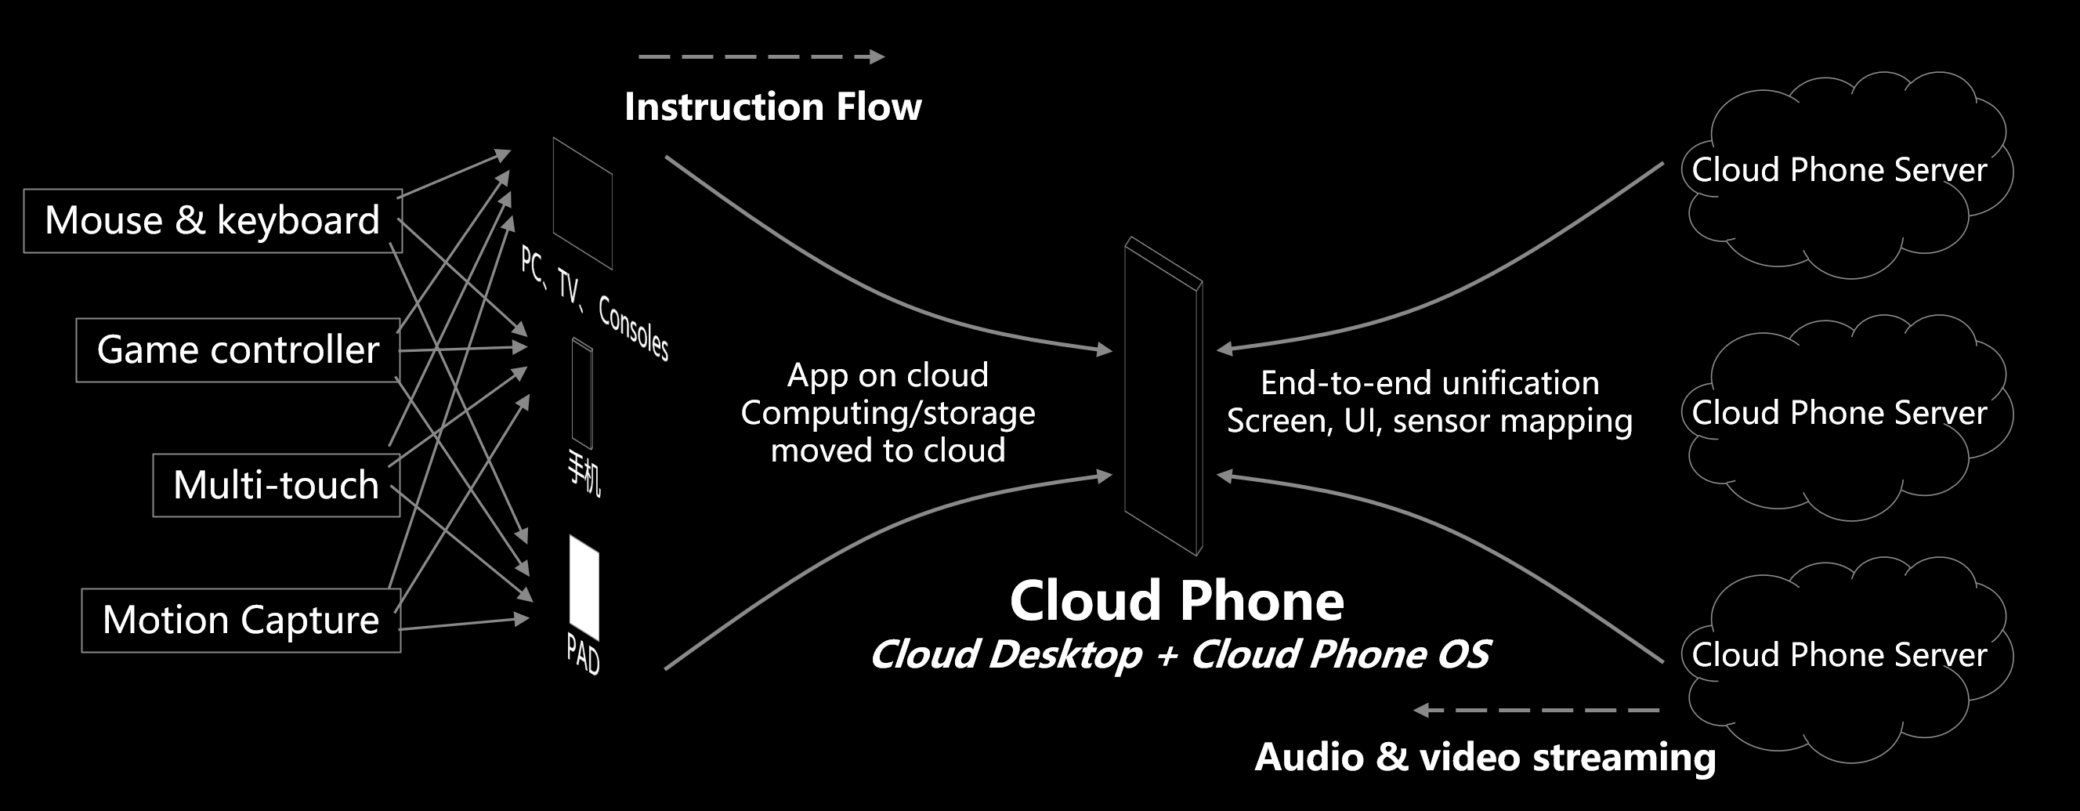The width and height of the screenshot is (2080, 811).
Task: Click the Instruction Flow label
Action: click(x=772, y=107)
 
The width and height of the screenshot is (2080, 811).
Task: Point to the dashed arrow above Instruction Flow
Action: click(x=761, y=56)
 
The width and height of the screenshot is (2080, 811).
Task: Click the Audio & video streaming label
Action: click(x=1485, y=757)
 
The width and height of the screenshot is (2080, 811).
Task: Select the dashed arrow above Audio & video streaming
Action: click(x=1536, y=710)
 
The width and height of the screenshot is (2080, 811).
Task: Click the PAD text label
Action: click(x=583, y=654)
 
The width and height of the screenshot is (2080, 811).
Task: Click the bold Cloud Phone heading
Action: click(x=1177, y=601)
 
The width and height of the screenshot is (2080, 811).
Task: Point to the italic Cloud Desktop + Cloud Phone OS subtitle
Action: click(x=1180, y=654)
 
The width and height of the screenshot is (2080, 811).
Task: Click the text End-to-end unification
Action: click(x=1430, y=383)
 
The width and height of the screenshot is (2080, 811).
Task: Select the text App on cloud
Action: click(x=888, y=375)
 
